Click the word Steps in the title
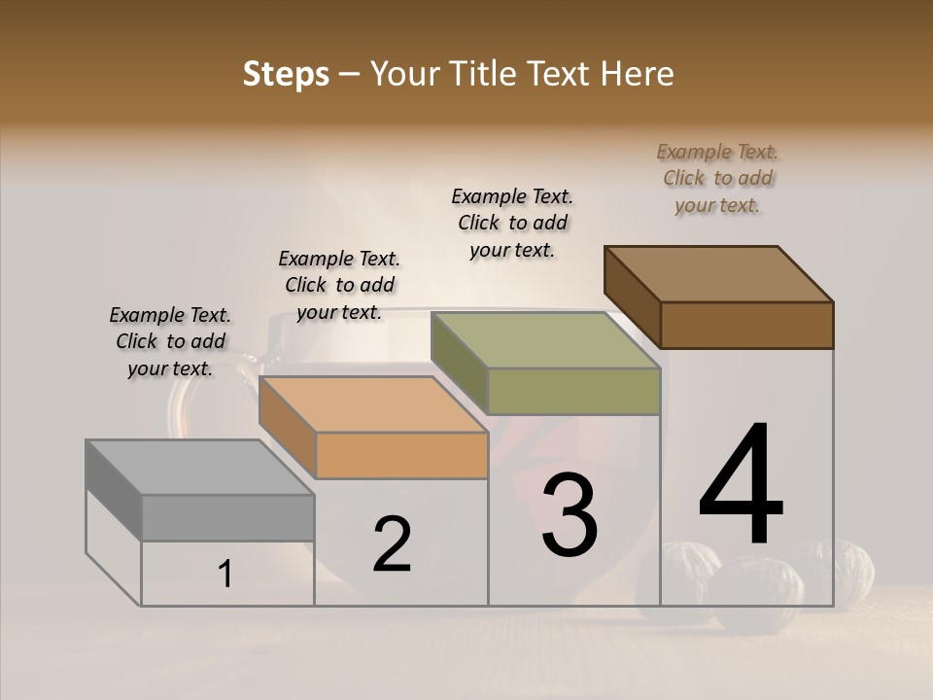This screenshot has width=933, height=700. (286, 74)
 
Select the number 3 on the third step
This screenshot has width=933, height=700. (570, 515)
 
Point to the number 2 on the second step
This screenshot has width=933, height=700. (393, 544)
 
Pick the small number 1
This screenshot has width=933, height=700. (225, 574)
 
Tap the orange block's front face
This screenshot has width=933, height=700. (401, 455)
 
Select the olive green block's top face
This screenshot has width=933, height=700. (544, 340)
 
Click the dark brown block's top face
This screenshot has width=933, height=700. (719, 273)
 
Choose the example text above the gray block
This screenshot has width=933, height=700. (170, 341)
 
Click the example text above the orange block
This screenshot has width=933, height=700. (339, 285)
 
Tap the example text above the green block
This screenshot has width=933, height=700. (512, 223)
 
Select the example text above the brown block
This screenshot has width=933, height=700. (717, 178)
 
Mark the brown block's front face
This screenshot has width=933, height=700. (746, 325)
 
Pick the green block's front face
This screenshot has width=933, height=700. (573, 391)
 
